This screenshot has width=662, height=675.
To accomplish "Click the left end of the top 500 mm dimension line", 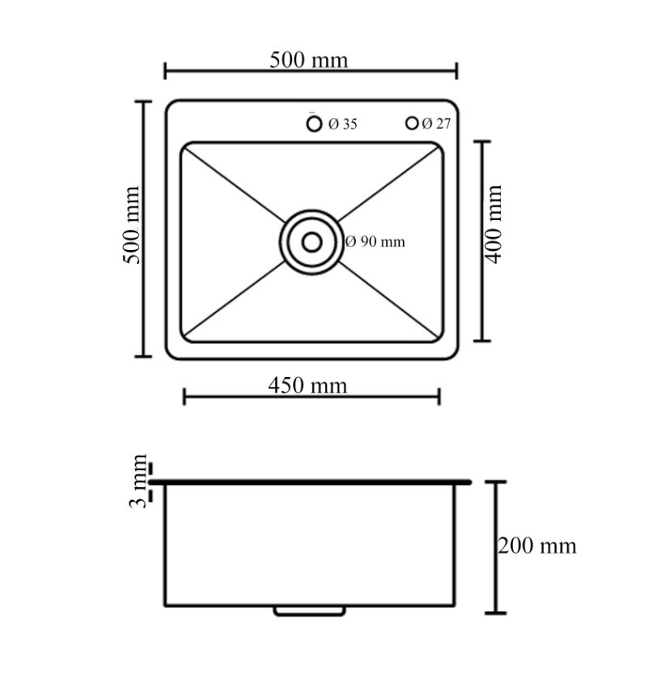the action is (x=165, y=70).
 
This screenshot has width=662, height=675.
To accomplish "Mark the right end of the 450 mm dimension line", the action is (x=439, y=397).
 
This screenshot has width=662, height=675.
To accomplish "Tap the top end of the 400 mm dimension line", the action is (x=482, y=142).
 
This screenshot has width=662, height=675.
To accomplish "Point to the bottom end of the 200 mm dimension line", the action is (x=496, y=613).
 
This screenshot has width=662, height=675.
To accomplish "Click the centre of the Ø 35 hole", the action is (x=314, y=124).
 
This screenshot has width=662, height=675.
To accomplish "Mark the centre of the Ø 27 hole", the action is (x=412, y=123).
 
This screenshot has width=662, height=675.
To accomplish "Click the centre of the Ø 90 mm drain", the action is (x=312, y=242).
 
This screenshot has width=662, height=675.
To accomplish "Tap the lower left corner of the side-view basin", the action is (x=165, y=605).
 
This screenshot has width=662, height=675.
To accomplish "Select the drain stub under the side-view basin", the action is (x=309, y=611).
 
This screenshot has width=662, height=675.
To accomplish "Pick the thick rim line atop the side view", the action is (x=310, y=482).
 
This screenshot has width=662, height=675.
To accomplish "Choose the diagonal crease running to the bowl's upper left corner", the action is (x=235, y=185).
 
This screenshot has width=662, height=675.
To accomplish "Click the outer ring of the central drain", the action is (x=312, y=242).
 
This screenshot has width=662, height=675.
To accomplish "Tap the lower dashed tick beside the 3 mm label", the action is (x=151, y=496).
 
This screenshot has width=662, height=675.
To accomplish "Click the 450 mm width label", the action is (x=308, y=386).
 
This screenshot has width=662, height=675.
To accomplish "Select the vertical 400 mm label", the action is (x=494, y=224).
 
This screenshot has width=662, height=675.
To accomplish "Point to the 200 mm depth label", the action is (x=537, y=546).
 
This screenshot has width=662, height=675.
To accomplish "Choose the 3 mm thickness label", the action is (x=138, y=481).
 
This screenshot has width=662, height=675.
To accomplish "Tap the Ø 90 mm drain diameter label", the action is (x=376, y=241).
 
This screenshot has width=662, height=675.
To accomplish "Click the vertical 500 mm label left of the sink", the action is (x=132, y=225).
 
